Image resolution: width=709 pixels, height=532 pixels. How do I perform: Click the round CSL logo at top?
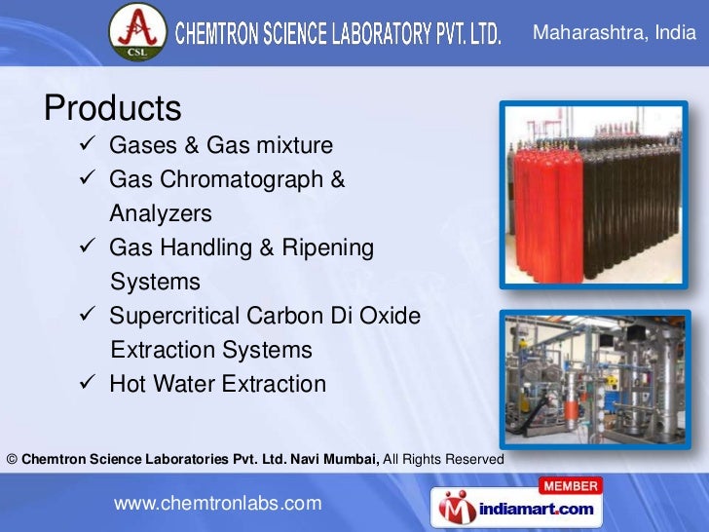(137, 33)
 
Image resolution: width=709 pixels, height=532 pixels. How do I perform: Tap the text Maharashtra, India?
(615, 34)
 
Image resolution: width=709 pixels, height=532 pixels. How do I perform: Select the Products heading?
(113, 107)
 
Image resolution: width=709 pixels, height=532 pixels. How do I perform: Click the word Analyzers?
(160, 213)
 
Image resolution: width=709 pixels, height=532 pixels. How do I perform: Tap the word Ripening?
(327, 247)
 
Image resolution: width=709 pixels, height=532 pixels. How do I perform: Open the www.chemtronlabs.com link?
(217, 503)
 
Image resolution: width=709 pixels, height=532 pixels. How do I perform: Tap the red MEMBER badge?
(571, 485)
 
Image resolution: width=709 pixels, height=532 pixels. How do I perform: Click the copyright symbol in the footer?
(12, 458)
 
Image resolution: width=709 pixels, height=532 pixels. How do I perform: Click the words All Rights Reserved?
(443, 458)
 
